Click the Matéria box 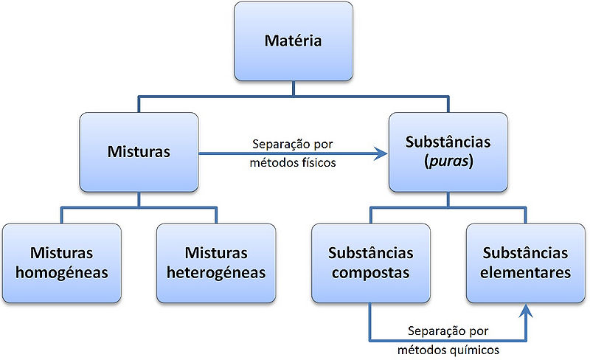coord(293,41)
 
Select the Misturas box coord(139,153)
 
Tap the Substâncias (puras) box coord(448,153)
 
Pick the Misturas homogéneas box coord(61,263)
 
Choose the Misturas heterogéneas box coord(216,263)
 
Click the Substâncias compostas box coord(370,263)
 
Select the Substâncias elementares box coord(525,263)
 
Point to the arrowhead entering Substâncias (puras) coord(381,153)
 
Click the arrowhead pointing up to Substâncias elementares coord(525,311)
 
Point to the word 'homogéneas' coord(61,272)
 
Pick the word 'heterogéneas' coord(216,272)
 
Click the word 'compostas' coord(370,272)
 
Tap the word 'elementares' coord(525,272)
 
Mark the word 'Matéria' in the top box coord(293,41)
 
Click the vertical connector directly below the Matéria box coord(293,88)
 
